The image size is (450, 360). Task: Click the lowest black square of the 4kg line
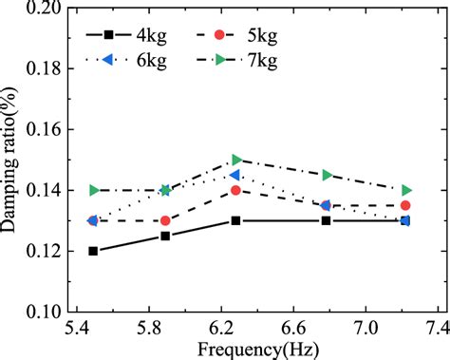tap(93, 251)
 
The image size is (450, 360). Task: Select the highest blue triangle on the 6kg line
tap(235, 175)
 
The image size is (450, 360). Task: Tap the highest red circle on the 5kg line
tap(236, 190)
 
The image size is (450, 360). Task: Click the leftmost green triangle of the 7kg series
tap(93, 190)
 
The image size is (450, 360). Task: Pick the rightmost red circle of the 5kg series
tap(406, 205)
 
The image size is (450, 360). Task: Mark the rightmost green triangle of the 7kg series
tap(406, 190)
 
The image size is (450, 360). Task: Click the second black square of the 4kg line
tap(166, 236)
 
